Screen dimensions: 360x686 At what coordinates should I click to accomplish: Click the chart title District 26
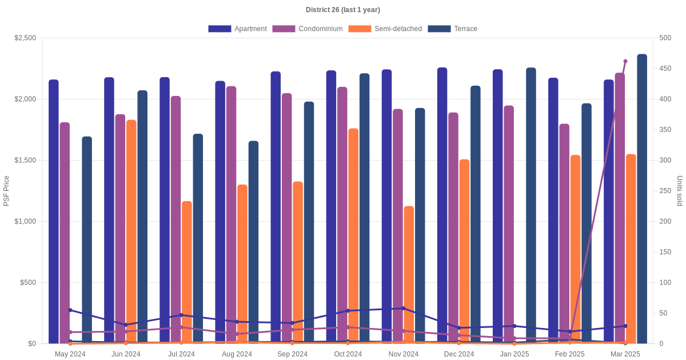(x=342, y=10)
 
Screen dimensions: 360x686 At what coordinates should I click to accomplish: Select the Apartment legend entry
(x=237, y=29)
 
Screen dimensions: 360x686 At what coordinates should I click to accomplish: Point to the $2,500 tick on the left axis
(x=25, y=38)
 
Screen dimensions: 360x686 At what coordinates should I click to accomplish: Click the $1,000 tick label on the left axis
(x=25, y=222)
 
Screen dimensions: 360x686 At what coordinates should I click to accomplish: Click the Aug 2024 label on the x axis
(x=237, y=354)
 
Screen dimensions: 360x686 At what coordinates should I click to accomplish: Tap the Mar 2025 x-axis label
(x=625, y=354)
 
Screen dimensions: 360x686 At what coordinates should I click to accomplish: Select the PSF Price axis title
(x=7, y=191)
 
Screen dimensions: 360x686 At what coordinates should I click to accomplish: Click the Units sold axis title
(x=679, y=191)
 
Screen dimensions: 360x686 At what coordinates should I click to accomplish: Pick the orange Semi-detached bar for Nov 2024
(x=409, y=274)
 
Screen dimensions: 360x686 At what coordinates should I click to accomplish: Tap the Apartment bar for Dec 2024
(x=442, y=206)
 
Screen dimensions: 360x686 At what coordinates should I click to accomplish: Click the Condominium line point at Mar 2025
(x=625, y=61)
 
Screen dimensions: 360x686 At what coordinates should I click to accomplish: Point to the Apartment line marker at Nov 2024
(x=404, y=309)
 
